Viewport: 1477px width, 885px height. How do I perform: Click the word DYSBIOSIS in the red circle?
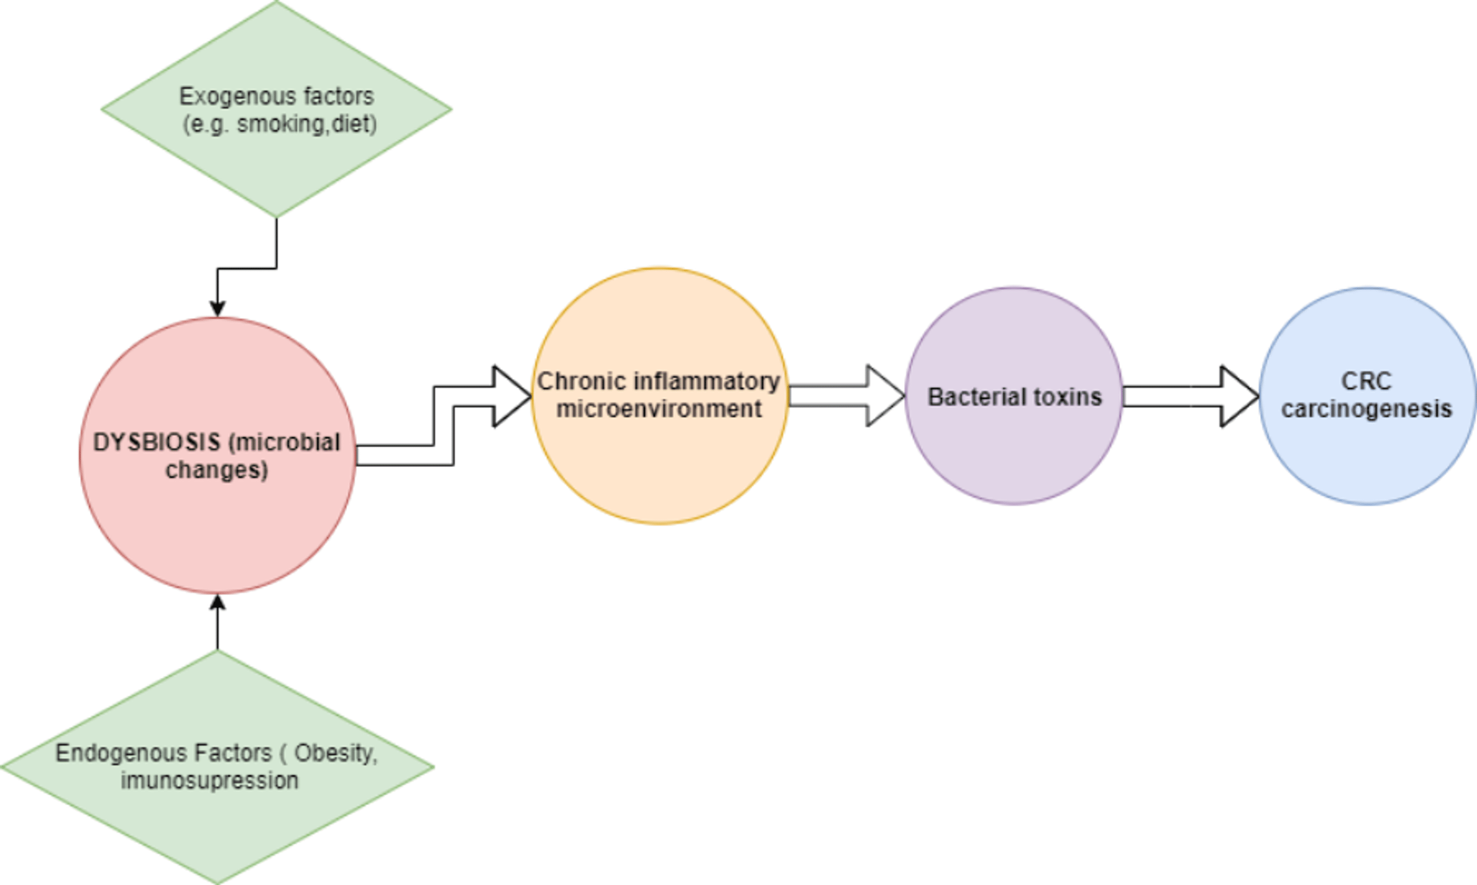pos(156,442)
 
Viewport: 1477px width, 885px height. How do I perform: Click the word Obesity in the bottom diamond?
pos(336,753)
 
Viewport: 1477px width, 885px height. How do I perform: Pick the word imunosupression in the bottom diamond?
pos(209,781)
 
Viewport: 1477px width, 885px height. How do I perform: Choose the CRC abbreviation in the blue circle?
pos(1366,381)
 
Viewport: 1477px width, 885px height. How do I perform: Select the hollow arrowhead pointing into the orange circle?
pos(512,396)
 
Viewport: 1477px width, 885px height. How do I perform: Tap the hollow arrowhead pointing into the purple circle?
pos(885,395)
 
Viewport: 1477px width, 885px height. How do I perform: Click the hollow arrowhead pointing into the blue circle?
pos(1239,396)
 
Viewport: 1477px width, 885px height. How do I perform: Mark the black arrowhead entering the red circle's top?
pos(218,309)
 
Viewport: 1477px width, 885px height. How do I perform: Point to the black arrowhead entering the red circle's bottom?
pos(218,602)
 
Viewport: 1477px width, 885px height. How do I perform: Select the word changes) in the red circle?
pos(216,470)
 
